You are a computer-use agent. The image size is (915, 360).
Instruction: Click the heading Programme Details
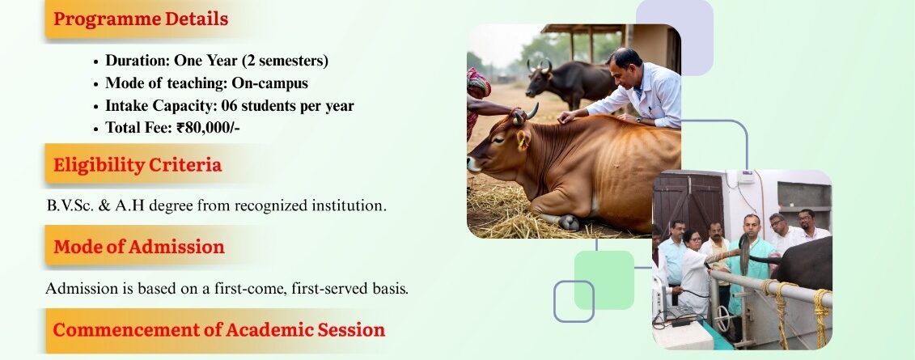click(x=141, y=19)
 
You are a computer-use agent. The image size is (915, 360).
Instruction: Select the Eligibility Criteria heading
click(x=138, y=164)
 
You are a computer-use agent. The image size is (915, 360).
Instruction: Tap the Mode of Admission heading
click(x=139, y=247)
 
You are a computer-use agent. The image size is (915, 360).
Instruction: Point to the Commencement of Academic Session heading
click(x=218, y=329)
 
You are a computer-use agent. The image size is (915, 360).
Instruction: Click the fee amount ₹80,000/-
click(x=208, y=128)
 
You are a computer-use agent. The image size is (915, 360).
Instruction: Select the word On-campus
click(x=269, y=83)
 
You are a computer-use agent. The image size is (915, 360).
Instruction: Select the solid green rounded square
click(x=604, y=280)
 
